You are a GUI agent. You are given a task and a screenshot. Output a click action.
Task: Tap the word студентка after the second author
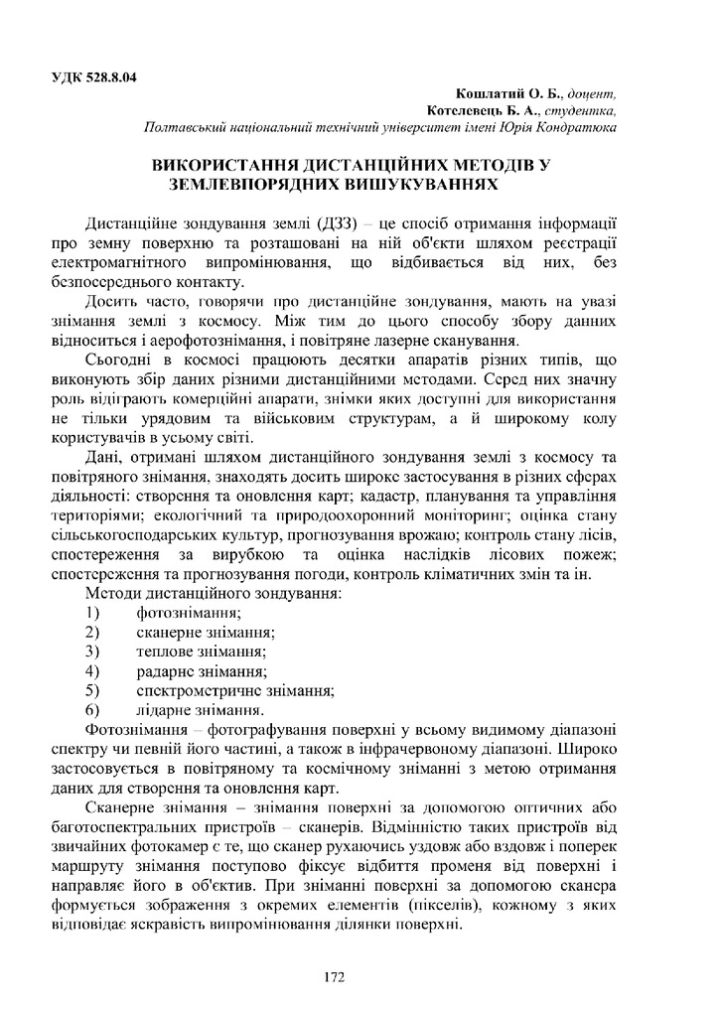580,111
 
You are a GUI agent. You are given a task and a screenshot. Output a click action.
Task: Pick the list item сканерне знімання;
206,632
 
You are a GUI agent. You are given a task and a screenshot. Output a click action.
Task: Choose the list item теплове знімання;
201,652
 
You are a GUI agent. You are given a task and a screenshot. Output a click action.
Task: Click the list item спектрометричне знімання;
234,690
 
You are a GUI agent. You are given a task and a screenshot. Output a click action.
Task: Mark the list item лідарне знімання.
199,710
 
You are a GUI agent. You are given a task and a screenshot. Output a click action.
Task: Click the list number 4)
93,671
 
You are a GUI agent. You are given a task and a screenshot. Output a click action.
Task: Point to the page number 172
334,977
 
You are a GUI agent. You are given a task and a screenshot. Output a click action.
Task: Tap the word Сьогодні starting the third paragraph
120,359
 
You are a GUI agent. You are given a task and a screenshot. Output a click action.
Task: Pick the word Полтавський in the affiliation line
188,128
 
